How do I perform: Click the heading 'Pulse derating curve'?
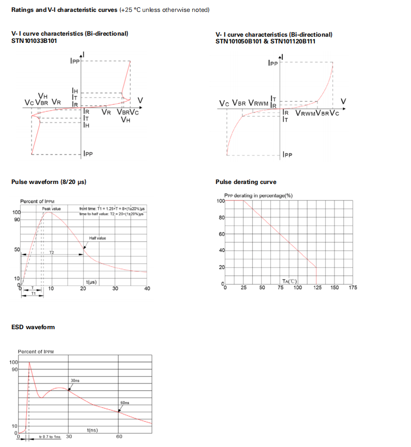pos(246,182)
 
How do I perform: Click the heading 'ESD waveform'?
pos(33,327)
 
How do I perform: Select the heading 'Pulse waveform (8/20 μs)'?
pos(49,182)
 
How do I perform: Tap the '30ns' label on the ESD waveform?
pos(75,380)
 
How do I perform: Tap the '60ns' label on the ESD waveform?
pos(125,402)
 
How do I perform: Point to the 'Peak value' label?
pos(52,209)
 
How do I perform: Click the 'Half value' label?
pos(98,238)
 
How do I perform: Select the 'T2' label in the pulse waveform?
pos(52,252)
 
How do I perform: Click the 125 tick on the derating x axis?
pos(316,287)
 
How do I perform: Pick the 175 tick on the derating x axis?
pos(353,287)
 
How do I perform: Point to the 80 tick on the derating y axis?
pos(221,218)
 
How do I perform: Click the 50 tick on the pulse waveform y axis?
pos(17,250)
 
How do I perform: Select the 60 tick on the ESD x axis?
pos(119,437)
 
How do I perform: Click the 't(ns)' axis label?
pos(93,430)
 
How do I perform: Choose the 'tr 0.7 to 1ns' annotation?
pos(50,437)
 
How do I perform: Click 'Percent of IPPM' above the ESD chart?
pos(36,352)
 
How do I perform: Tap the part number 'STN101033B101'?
pos(34,40)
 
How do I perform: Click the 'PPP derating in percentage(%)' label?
pos(258,195)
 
